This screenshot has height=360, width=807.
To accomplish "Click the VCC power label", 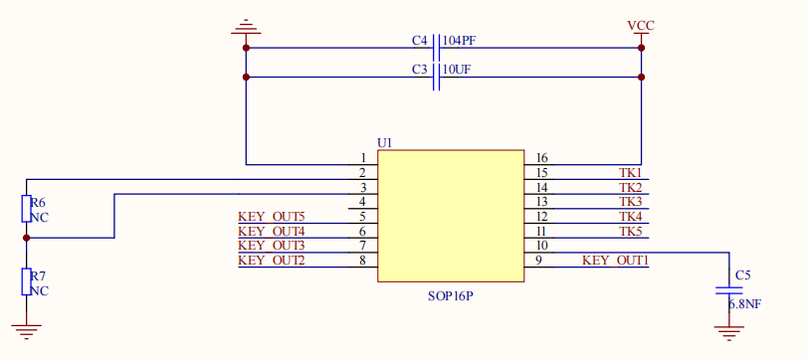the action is pos(641,26).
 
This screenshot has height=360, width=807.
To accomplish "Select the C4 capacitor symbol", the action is pos(437,48).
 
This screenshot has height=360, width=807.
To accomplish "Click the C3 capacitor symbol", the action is pos(437,78).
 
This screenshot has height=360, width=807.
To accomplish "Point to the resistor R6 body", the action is pos(26,208).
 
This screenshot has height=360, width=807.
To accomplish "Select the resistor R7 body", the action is pos(26,281).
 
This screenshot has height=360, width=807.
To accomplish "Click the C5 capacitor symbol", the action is pos(728,290).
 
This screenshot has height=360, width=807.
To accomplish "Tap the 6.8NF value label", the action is pos(744,304).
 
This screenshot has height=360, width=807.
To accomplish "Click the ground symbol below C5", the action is pos(728,333).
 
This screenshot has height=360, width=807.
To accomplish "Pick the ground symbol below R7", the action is pos(26,332).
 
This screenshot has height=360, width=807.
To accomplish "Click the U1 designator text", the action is pos(385,143).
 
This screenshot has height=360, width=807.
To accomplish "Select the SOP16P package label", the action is pos(451,296).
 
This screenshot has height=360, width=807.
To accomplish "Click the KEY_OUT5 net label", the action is pos(272,217).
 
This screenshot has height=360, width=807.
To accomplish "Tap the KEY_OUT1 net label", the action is pos(615,261).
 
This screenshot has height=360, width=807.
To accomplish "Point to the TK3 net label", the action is pos(631,202).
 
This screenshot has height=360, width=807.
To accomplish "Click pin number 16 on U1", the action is pos(541,158).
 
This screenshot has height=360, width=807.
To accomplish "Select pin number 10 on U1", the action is pos(541,246).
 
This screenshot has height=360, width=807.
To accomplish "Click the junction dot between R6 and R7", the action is pos(26,238).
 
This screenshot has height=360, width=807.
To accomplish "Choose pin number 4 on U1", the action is pos(362,202).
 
